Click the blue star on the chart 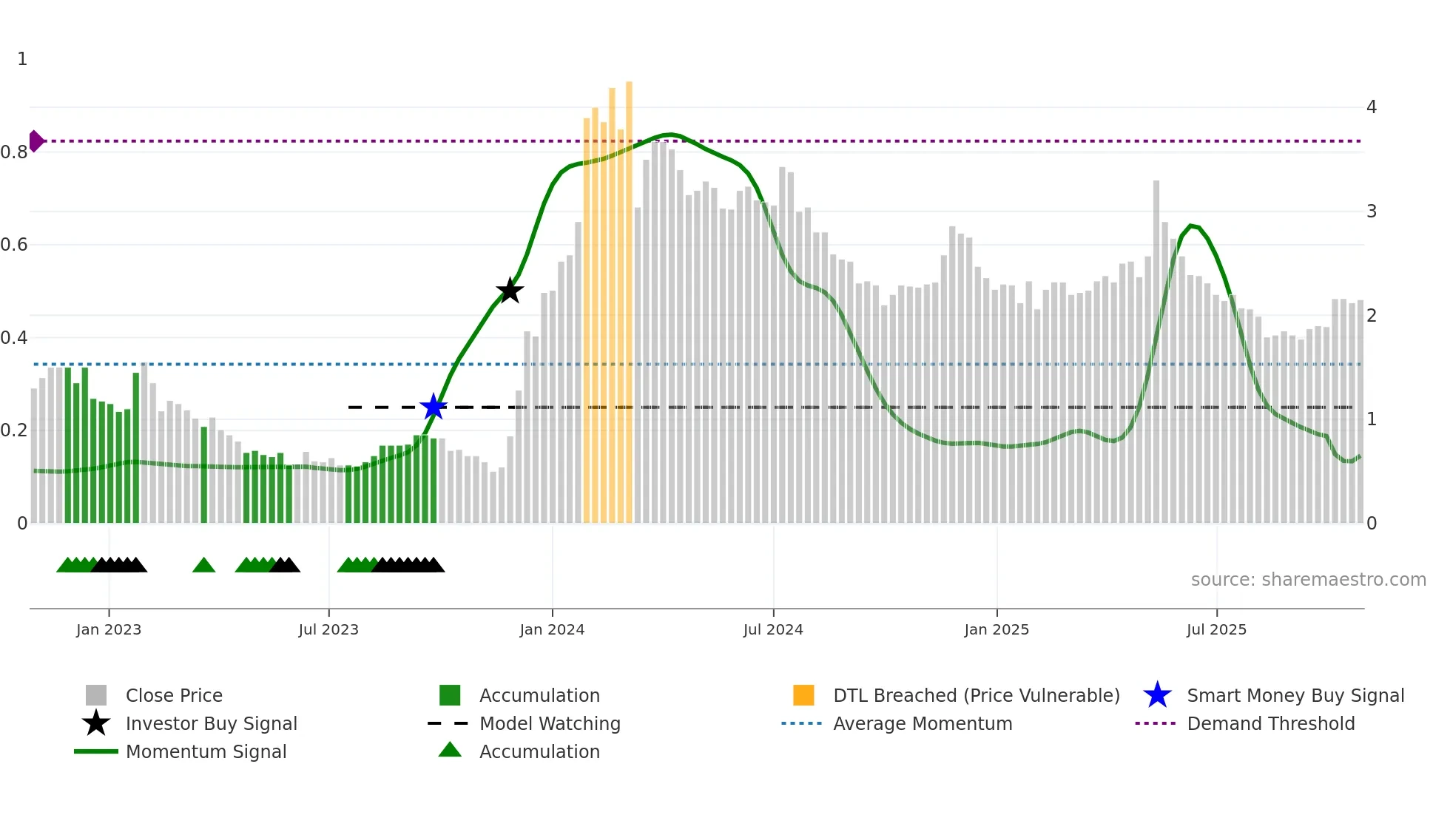[434, 407]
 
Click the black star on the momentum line [510, 291]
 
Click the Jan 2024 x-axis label [552, 629]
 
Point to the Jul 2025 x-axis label [1216, 629]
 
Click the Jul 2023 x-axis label [328, 629]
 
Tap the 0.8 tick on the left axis [14, 152]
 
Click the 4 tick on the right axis [1371, 107]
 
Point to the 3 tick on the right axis [1371, 212]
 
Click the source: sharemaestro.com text [1308, 580]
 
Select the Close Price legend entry [174, 695]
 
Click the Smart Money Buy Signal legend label [1295, 695]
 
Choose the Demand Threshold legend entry [1270, 723]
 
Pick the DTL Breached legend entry [976, 695]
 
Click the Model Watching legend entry [549, 723]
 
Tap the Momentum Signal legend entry [206, 751]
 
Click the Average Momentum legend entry [922, 723]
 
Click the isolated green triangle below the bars [203, 566]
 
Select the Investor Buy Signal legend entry [211, 723]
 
